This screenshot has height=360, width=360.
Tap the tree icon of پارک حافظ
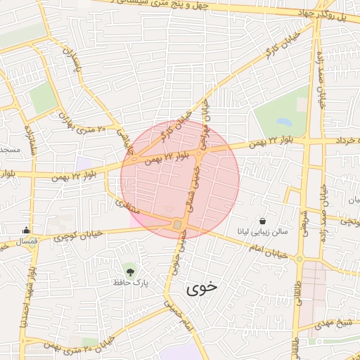point(129,271)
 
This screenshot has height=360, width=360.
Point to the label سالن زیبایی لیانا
point(262,231)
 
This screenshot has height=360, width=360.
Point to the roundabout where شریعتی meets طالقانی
point(300,259)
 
